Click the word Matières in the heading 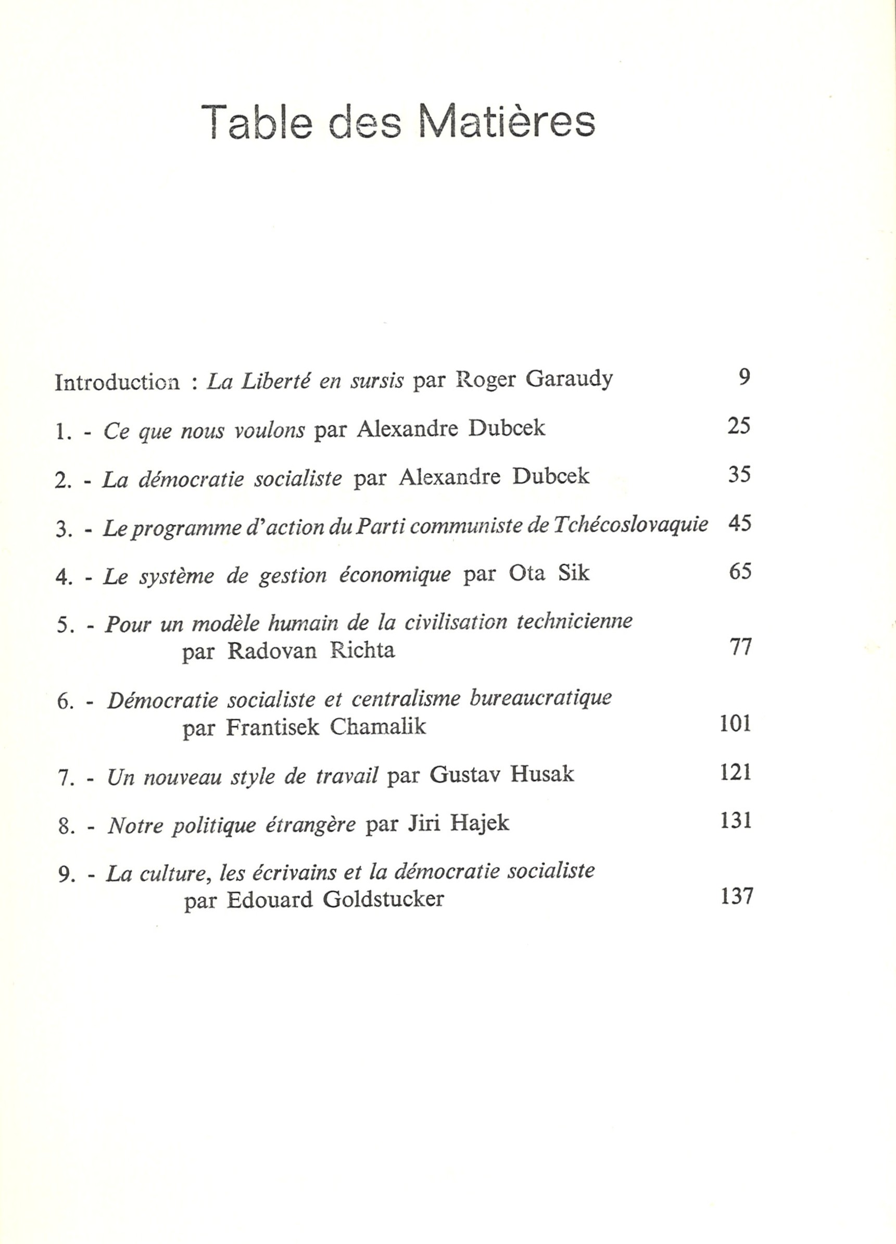point(507,122)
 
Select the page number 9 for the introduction point(744,378)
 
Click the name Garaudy point(569,380)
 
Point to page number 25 point(739,426)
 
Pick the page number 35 point(739,474)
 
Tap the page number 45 point(740,524)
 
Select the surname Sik point(574,573)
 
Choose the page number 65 point(740,572)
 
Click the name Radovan point(272,651)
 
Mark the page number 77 point(740,647)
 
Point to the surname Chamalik point(378,727)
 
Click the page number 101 point(735,724)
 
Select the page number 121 point(735,772)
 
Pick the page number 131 point(735,821)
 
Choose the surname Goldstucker point(383,900)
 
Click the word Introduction point(117,382)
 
